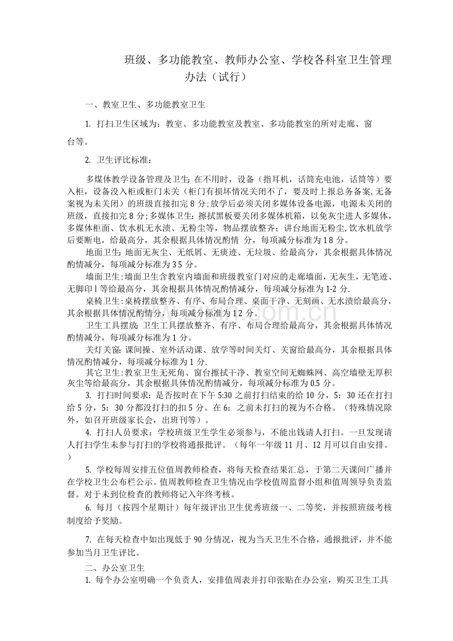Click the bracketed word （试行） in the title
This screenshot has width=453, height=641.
coord(228,78)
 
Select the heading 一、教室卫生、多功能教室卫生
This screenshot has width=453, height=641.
coord(145,104)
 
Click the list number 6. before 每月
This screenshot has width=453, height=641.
coord(89,507)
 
